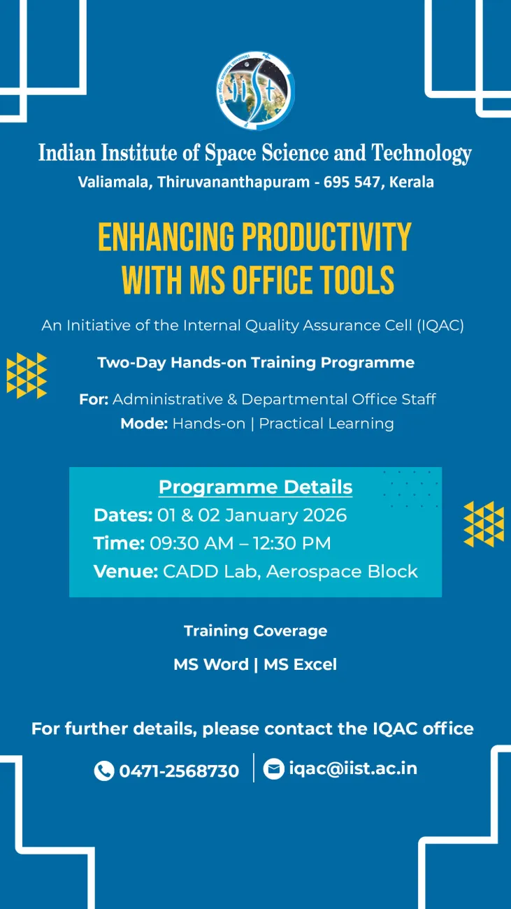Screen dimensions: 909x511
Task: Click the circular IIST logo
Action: (255, 91)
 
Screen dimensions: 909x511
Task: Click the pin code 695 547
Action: (352, 182)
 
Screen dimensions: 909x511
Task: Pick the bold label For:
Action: (94, 399)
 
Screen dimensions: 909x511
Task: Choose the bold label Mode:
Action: (144, 424)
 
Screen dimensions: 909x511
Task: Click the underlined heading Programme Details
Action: (255, 487)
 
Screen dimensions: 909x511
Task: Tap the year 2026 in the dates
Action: (324, 515)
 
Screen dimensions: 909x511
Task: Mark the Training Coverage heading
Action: (255, 631)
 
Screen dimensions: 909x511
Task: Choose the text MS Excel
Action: (300, 664)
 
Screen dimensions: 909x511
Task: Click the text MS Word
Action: (211, 664)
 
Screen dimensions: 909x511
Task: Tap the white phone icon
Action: (104, 771)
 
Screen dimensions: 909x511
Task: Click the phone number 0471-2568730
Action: (179, 771)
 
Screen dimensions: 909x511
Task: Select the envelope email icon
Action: (273, 768)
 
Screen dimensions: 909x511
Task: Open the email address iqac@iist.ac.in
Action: (353, 768)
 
